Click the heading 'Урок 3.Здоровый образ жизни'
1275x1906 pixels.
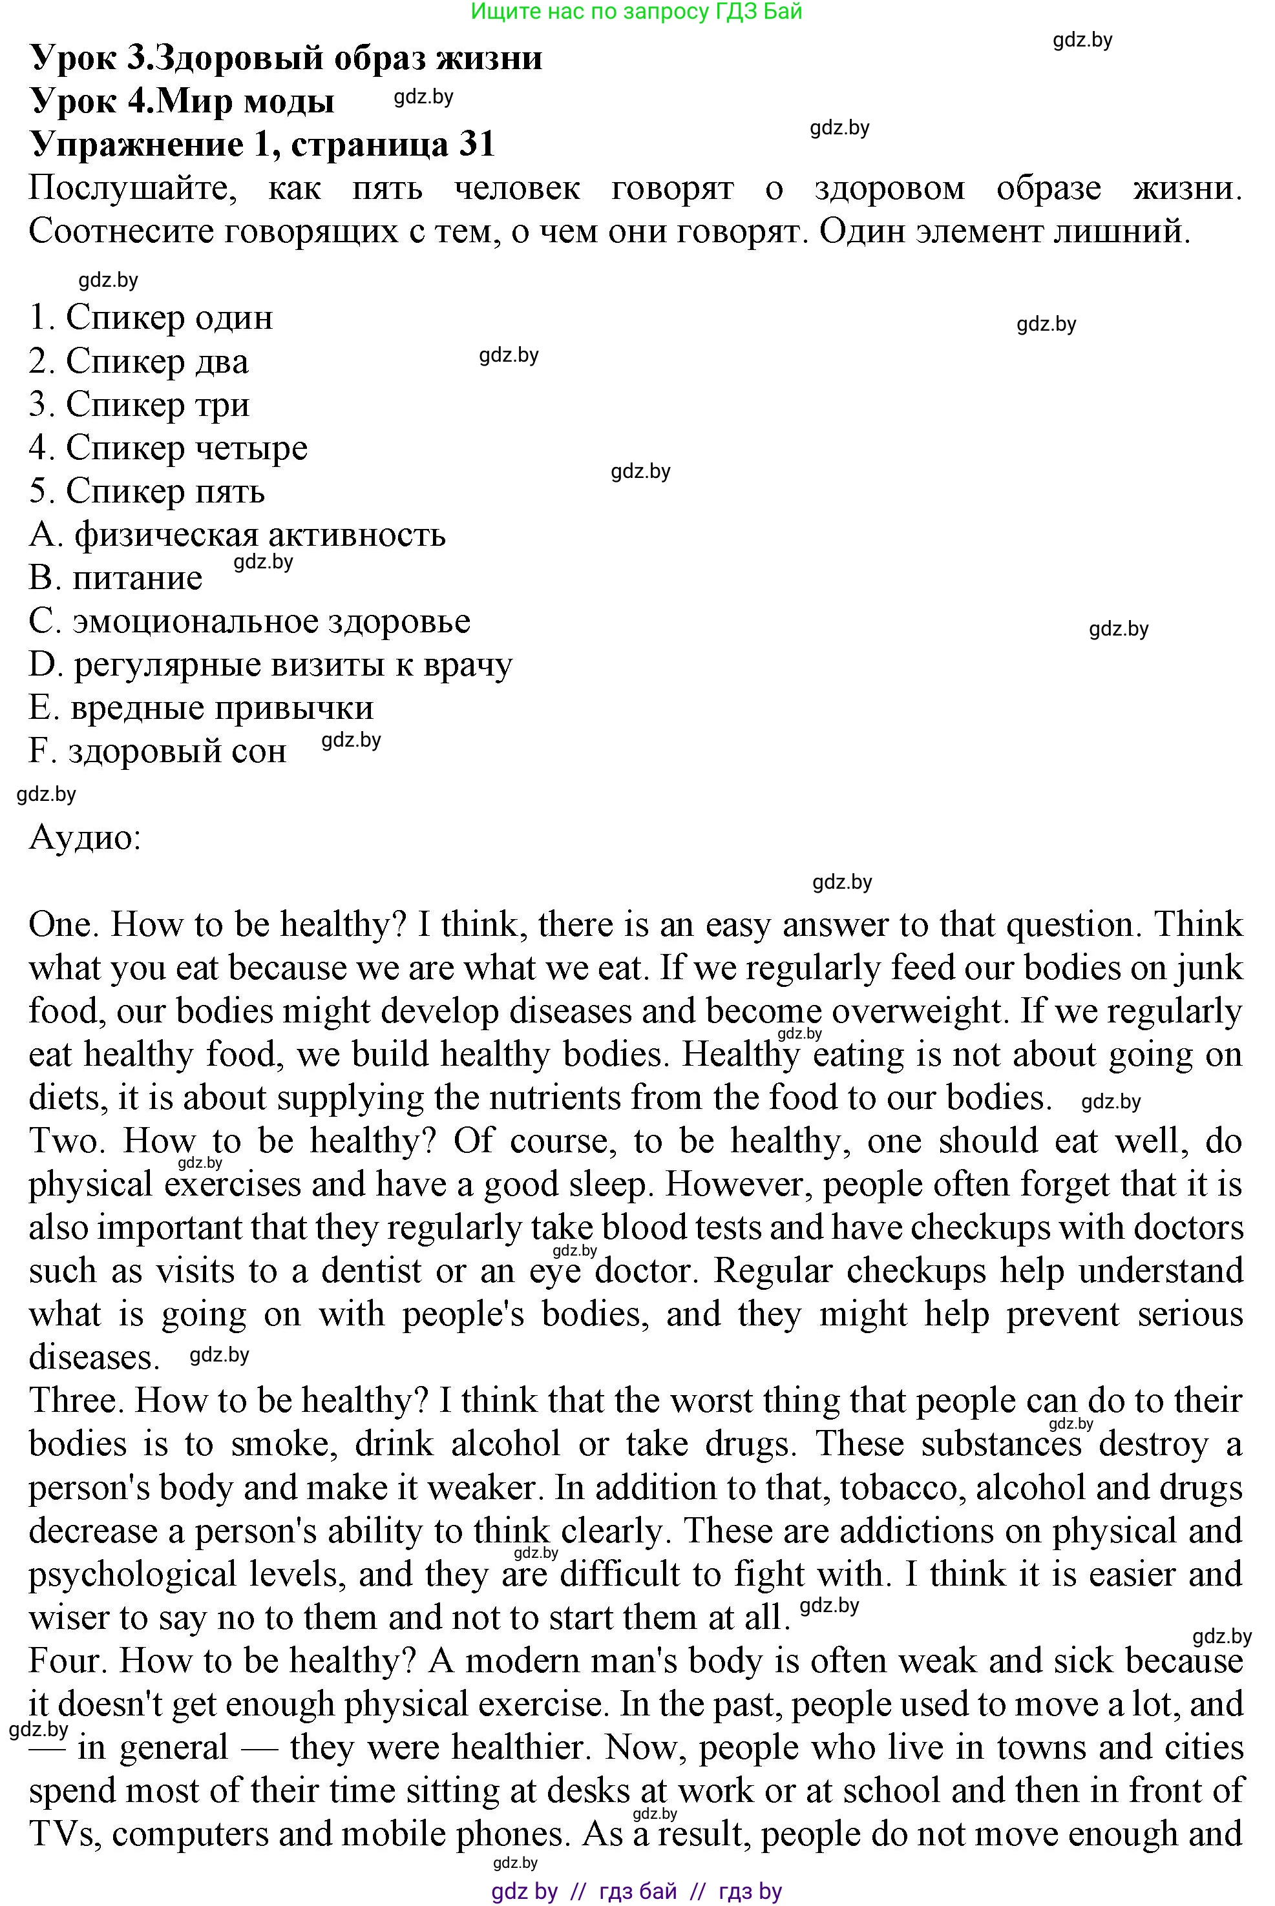click(x=286, y=57)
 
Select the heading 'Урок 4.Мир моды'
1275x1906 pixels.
click(x=182, y=101)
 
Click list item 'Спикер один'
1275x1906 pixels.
click(x=151, y=317)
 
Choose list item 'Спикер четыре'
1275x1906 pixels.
click(x=168, y=447)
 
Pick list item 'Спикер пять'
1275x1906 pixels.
click(x=147, y=491)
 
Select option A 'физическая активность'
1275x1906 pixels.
click(x=237, y=535)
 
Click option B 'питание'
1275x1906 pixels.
click(x=116, y=578)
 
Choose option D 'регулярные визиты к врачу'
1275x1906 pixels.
click(x=270, y=665)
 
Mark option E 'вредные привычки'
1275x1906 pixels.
click(x=201, y=708)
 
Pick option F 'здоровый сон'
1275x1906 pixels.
click(x=158, y=751)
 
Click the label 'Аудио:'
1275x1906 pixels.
click(x=85, y=837)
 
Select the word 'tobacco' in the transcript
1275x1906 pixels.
click(x=898, y=1487)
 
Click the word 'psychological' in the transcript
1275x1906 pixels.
click(x=132, y=1575)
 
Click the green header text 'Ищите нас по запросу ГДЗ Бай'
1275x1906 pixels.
click(x=637, y=12)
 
